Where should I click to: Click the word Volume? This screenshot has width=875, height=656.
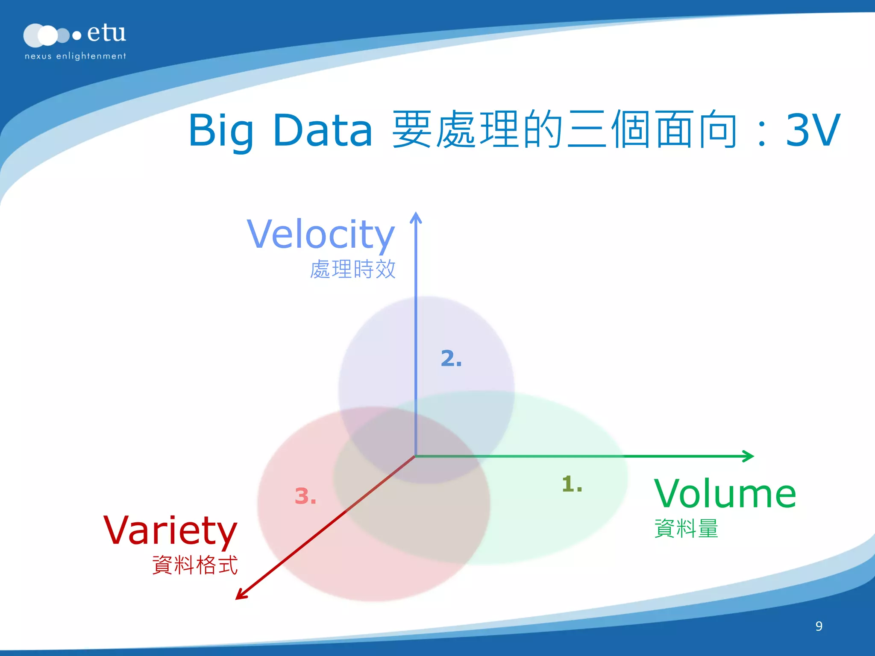pos(725,494)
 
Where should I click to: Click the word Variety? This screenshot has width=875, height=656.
pos(170,530)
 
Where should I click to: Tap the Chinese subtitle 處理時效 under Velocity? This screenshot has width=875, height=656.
pos(353,269)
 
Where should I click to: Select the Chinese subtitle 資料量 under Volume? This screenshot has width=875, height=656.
pos(686,528)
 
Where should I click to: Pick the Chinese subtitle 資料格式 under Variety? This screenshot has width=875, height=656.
pos(195,565)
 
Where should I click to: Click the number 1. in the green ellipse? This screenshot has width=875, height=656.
pos(572,484)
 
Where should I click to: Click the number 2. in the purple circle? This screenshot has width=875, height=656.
pos(451,358)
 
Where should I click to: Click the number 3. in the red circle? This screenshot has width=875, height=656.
pos(305,496)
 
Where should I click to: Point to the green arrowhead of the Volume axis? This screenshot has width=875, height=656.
pos(749,456)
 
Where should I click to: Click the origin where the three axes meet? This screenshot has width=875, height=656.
pos(415,456)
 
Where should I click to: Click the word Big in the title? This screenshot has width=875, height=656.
pos(220,131)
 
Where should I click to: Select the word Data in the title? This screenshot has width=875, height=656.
pos(323,131)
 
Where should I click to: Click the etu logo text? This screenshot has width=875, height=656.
pos(106,33)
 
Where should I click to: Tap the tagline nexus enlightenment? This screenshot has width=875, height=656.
pos(75,56)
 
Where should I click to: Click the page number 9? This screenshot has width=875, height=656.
pos(819,626)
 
